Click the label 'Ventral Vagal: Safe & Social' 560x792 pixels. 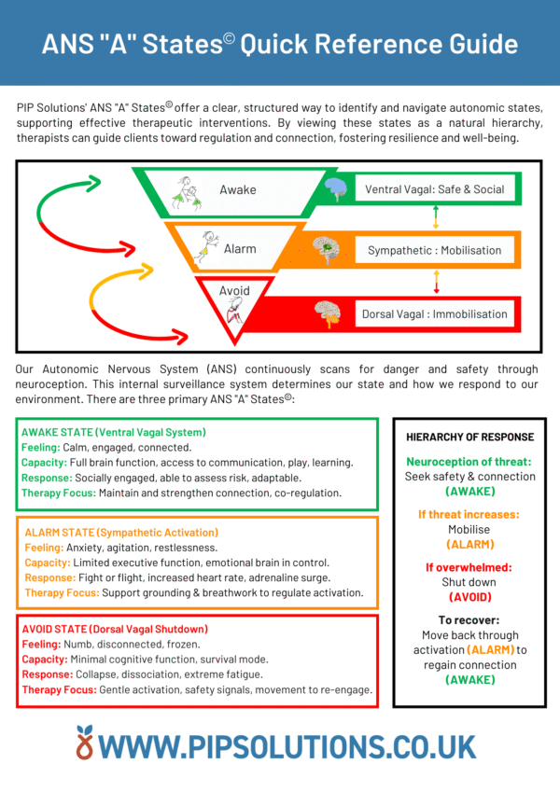pyautogui.click(x=435, y=189)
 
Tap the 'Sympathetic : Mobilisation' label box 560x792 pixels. pyautogui.click(x=435, y=250)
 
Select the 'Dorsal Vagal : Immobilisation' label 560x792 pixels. pyautogui.click(x=435, y=314)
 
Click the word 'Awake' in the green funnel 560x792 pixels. pyautogui.click(x=238, y=190)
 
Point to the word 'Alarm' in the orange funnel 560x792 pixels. pyautogui.click(x=240, y=249)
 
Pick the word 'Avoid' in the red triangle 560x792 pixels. pyautogui.click(x=234, y=290)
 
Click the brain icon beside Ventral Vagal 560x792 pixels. pyautogui.click(x=335, y=190)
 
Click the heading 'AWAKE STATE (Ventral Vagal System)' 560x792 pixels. pyautogui.click(x=113, y=432)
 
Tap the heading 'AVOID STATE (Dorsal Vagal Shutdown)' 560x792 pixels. pyautogui.click(x=114, y=629)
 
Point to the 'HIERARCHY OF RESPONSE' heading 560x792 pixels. pyautogui.click(x=470, y=437)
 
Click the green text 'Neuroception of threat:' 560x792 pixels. pyautogui.click(x=470, y=462)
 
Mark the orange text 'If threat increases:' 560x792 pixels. pyautogui.click(x=470, y=514)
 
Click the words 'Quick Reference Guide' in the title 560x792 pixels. pyautogui.click(x=380, y=43)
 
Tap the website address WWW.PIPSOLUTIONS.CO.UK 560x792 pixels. pyautogui.click(x=290, y=745)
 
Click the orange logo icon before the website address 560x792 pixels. pyautogui.click(x=87, y=743)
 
